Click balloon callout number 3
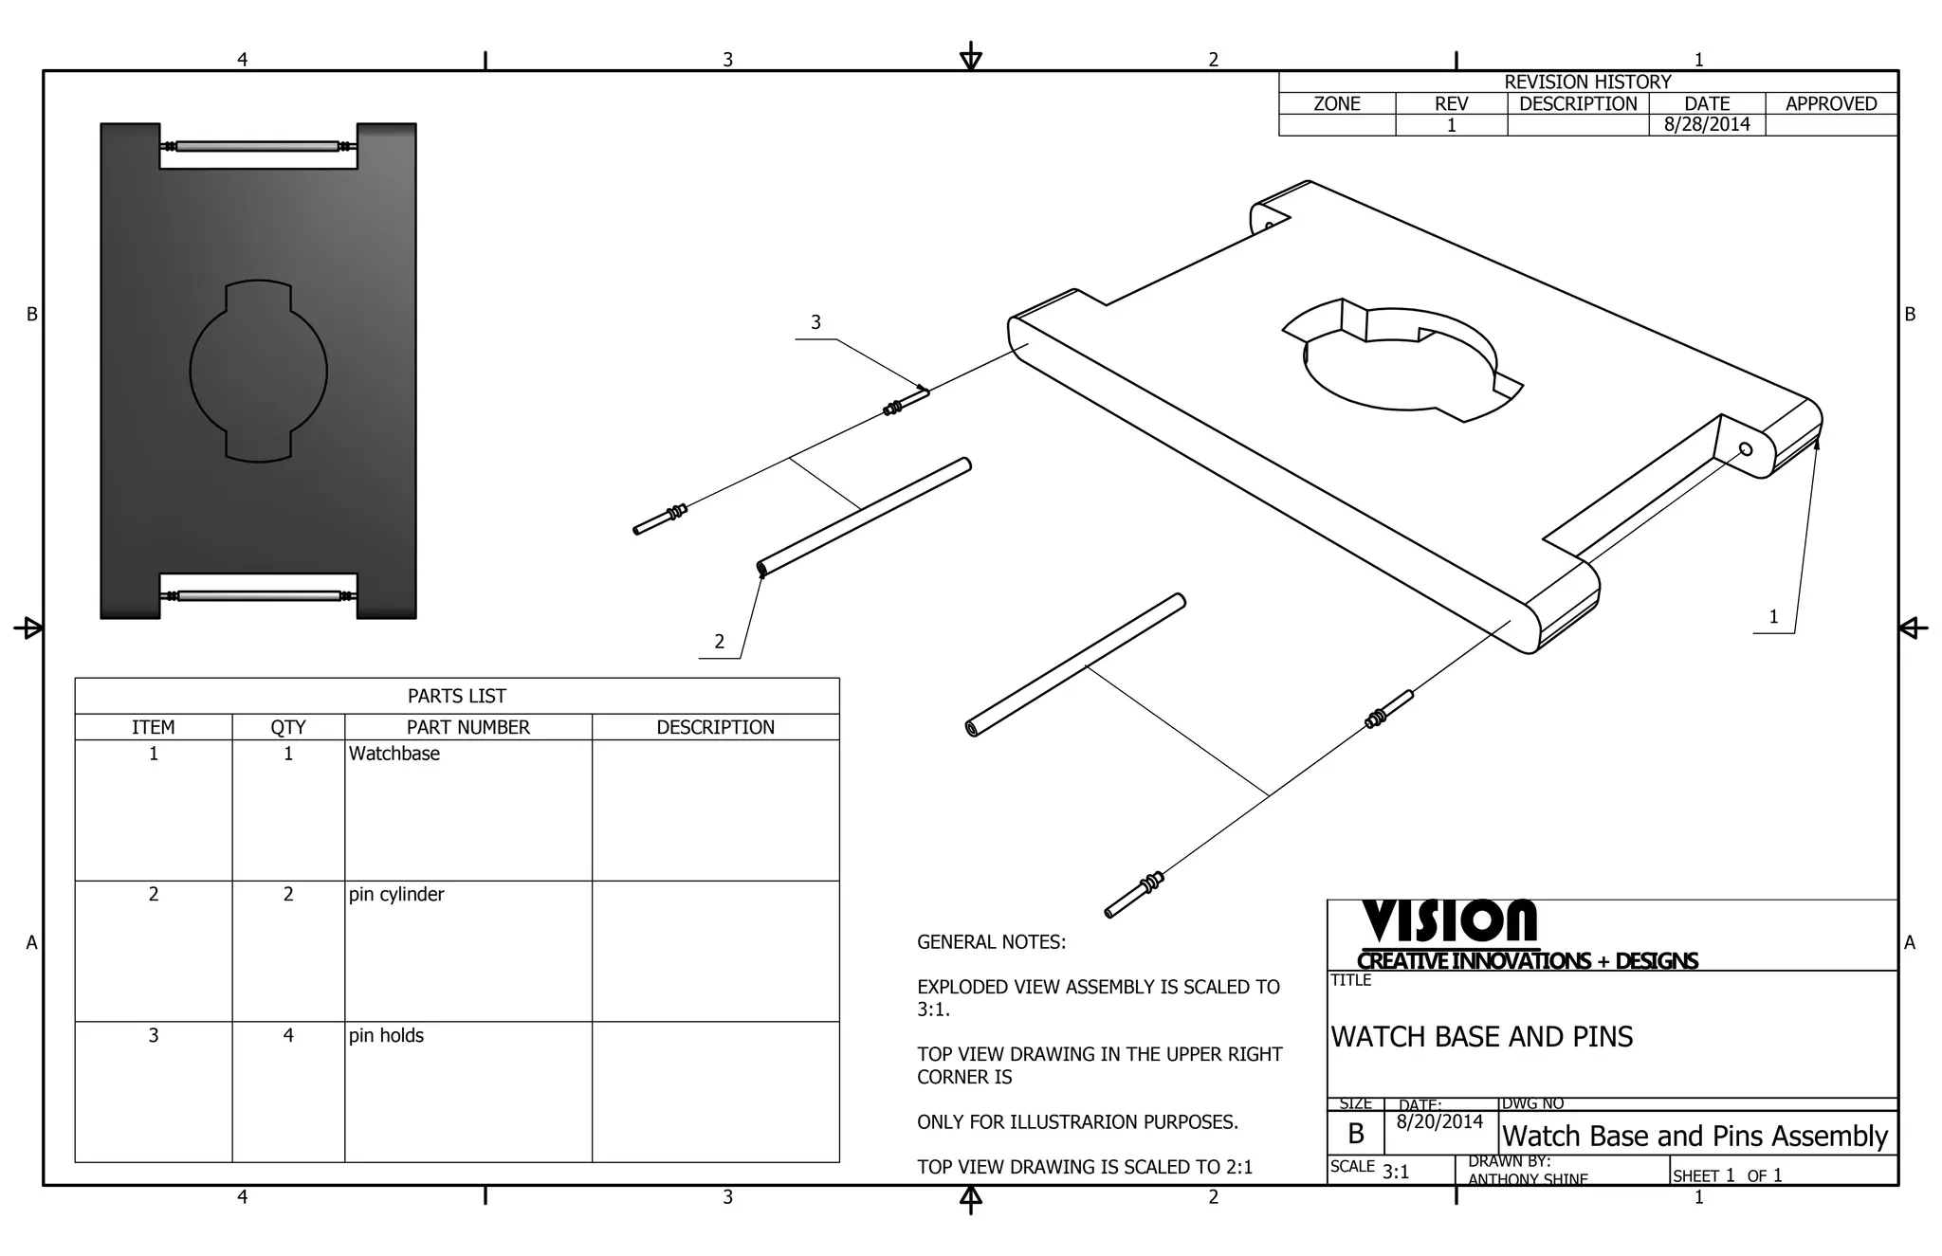[x=815, y=323]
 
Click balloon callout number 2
[x=719, y=642]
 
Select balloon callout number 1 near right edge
[x=1773, y=617]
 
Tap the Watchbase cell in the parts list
[x=394, y=754]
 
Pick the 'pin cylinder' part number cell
[x=396, y=894]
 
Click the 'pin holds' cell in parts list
[x=386, y=1035]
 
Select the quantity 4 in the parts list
[x=288, y=1035]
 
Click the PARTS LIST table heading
[x=456, y=696]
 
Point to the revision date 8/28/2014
[x=1707, y=124]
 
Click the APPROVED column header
[x=1830, y=103]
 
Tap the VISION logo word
[x=1449, y=921]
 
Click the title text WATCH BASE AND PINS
[x=1481, y=1037]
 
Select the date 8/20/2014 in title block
[x=1439, y=1121]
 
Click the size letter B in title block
[x=1356, y=1134]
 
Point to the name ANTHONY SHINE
[x=1527, y=1179]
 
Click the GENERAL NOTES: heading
[x=991, y=942]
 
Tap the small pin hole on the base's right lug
[x=1745, y=449]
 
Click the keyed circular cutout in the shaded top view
[x=258, y=371]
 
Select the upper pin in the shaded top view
[x=258, y=146]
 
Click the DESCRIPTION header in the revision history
[x=1578, y=103]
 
